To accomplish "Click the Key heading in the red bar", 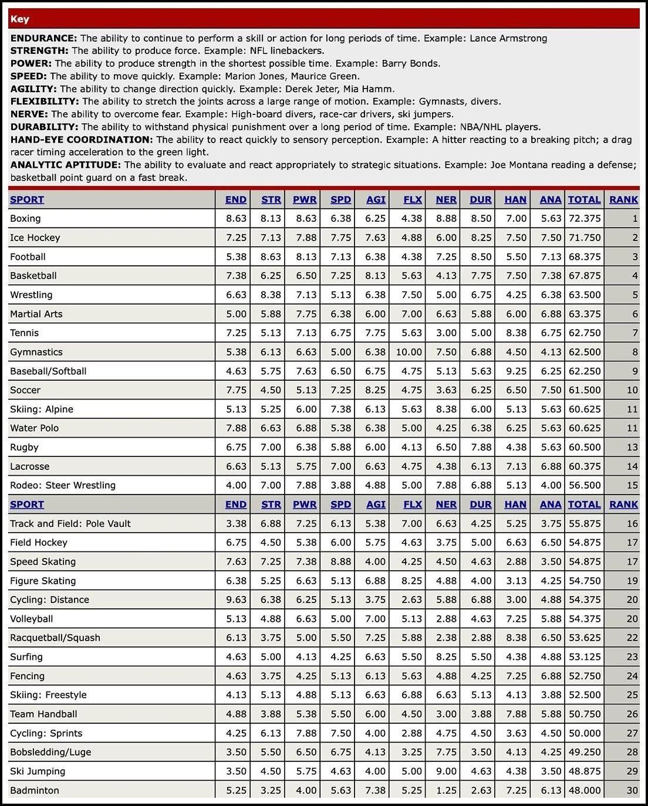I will point(20,19).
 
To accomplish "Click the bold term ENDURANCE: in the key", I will point(43,38).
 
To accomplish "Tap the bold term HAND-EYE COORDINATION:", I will point(82,140).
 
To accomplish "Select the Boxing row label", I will point(25,218).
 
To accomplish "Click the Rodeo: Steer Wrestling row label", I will point(63,485).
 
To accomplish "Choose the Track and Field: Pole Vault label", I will point(70,523).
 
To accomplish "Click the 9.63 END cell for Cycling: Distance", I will point(237,600).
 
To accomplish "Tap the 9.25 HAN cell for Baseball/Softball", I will point(516,371).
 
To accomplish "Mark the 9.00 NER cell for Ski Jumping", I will point(446,771).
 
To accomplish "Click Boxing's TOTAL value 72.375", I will point(585,218).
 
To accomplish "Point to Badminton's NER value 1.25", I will point(446,790).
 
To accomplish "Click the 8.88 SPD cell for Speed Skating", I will point(340,561).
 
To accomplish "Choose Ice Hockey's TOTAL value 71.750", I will point(585,238).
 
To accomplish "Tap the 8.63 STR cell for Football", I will point(271,256).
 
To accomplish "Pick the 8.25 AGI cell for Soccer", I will point(375,390).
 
